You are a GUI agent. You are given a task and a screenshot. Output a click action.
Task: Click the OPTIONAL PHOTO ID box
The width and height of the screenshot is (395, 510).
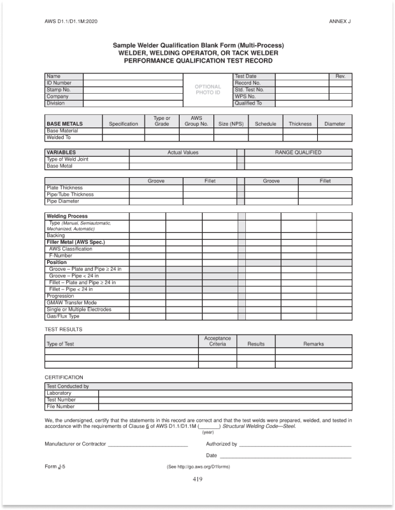(208, 90)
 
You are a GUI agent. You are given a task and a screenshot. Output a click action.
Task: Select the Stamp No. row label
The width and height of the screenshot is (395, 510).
(58, 90)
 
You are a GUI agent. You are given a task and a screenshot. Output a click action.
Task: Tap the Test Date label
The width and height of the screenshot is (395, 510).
(246, 76)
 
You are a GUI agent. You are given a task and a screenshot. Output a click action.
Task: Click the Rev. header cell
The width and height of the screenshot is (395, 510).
(340, 76)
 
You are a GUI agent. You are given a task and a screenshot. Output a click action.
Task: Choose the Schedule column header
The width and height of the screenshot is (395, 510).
(265, 124)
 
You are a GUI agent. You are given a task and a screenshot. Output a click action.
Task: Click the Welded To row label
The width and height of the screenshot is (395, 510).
(58, 137)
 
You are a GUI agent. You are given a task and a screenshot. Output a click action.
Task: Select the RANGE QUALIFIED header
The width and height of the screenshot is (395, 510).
(298, 152)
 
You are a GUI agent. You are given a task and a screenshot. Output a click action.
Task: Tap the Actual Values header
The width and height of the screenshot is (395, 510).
(183, 152)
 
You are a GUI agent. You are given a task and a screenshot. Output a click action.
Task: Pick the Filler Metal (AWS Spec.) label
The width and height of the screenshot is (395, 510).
(75, 242)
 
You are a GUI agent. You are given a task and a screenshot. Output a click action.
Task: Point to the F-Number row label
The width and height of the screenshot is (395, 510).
(61, 256)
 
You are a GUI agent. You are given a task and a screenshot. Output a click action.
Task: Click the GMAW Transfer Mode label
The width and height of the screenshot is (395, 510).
(71, 303)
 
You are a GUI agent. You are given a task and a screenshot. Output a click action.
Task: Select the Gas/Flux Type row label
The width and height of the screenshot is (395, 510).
(63, 316)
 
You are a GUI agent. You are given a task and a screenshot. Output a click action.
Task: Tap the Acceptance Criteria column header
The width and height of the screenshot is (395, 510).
(217, 341)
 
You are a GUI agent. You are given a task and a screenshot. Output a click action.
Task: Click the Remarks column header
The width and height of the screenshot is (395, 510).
(313, 344)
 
